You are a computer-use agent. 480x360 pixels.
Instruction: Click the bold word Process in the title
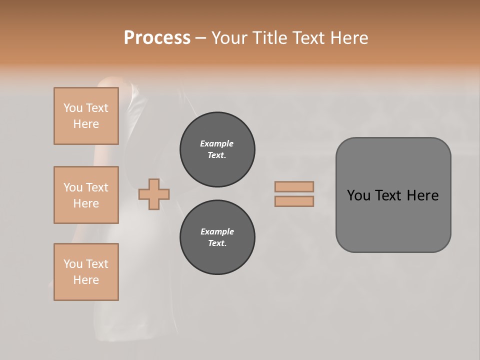point(157,38)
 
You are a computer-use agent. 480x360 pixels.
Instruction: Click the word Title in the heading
point(269,38)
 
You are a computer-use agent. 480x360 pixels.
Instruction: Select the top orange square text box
point(86,116)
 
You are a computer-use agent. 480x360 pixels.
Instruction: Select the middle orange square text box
point(86,195)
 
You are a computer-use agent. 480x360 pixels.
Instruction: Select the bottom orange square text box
point(86,272)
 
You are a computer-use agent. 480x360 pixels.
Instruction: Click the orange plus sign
point(154,194)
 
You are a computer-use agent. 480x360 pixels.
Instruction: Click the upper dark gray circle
point(217,149)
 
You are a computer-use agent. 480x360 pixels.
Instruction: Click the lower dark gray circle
point(217,237)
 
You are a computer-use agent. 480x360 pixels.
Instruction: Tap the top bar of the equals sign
point(294,186)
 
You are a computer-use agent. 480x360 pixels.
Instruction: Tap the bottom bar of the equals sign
point(294,201)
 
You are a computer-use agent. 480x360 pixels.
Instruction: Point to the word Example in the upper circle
point(217,143)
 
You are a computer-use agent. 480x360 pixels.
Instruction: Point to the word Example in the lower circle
point(217,231)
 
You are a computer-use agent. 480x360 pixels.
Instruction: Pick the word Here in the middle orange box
point(86,203)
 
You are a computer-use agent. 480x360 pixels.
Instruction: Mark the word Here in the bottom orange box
point(86,280)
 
